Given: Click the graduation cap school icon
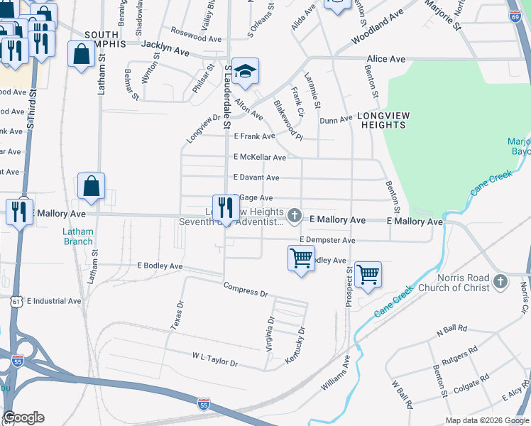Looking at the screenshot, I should coord(245,72).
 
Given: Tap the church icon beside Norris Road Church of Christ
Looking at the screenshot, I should coord(500,280).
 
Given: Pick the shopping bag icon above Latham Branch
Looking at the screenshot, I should coord(91,187).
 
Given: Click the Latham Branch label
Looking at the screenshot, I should coord(77,236).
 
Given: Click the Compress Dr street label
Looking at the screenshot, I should coord(245,290).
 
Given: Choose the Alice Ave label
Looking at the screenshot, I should coord(385,59).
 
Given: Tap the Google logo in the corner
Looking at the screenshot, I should coord(23,417).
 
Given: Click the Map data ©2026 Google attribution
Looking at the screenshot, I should coord(486,420).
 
